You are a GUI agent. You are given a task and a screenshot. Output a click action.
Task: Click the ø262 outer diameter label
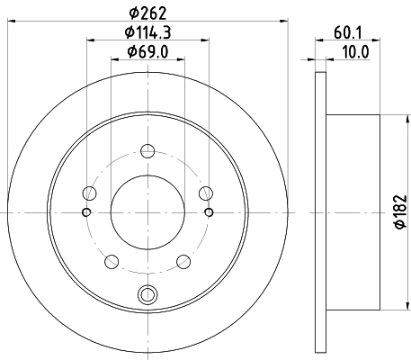(x=147, y=13)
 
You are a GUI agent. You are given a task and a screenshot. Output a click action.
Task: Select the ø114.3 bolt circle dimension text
(x=147, y=32)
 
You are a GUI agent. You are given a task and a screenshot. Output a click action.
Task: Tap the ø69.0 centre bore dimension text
(x=147, y=52)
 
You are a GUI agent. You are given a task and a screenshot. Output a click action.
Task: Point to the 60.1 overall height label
(x=348, y=32)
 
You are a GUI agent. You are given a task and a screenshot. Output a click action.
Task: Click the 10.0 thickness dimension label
(x=355, y=52)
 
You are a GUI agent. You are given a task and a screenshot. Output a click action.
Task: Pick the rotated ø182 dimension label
(x=401, y=211)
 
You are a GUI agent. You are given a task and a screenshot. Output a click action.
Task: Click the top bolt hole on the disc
(x=147, y=151)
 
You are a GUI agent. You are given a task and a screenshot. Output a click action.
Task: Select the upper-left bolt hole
(x=89, y=193)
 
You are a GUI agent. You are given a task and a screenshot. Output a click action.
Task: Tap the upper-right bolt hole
(x=206, y=193)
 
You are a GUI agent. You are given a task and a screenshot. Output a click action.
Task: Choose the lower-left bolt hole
(x=112, y=262)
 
